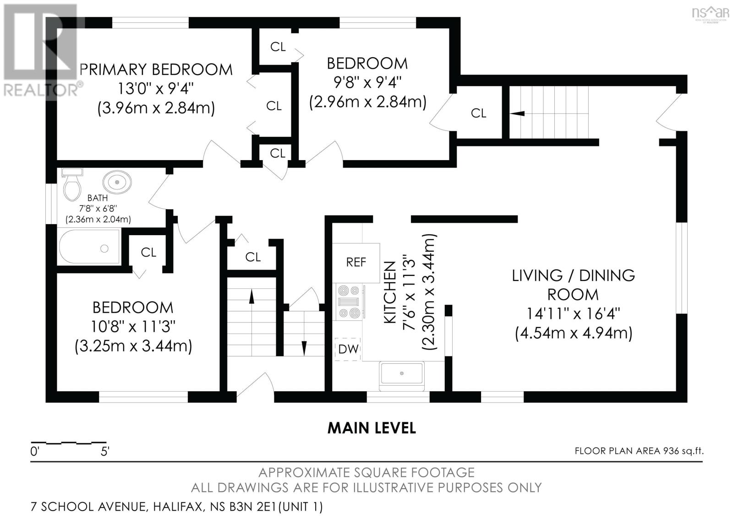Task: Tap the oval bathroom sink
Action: (117, 182)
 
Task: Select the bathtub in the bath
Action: (89, 247)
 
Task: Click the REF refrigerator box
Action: (356, 263)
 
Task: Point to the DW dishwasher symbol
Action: (348, 350)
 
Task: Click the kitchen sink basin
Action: (402, 376)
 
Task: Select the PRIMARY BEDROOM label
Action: (156, 70)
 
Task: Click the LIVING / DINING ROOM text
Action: (573, 285)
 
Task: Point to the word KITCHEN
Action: (390, 292)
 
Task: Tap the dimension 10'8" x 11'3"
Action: (133, 326)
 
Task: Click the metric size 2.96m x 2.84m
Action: (368, 102)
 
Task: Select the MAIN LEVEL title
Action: (372, 428)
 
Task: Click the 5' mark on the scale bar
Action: (105, 452)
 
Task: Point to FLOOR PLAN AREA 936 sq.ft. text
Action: (639, 451)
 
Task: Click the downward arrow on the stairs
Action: (304, 347)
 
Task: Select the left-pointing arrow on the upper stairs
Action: (517, 113)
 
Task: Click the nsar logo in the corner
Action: (711, 14)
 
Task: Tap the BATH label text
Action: (98, 198)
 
